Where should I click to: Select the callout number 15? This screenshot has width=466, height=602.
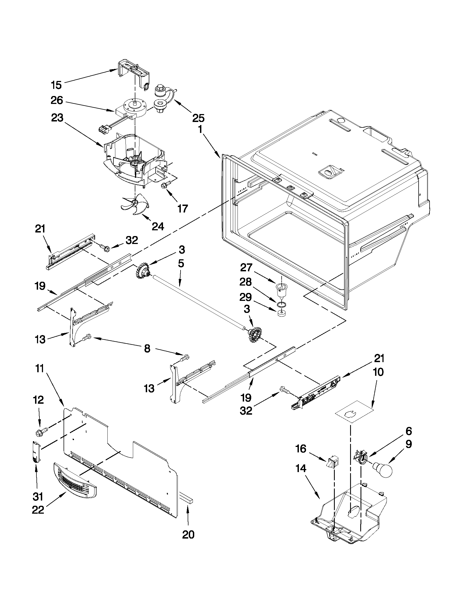click(x=56, y=85)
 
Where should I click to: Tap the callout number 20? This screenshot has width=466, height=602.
click(x=188, y=534)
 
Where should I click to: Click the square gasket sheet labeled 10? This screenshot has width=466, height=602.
click(x=353, y=412)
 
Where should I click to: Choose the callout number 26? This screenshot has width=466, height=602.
click(x=57, y=100)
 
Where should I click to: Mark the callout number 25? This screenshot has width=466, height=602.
click(x=198, y=118)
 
